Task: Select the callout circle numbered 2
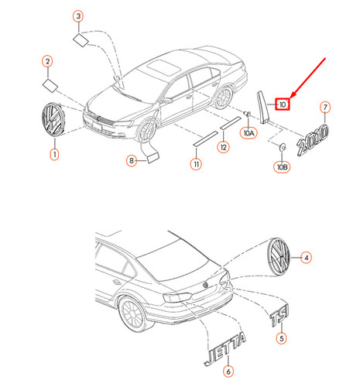click(x=47, y=60)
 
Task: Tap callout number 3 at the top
click(x=78, y=16)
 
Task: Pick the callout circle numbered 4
click(x=306, y=256)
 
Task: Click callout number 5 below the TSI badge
click(x=282, y=337)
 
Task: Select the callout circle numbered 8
click(x=132, y=160)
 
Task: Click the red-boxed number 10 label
click(x=283, y=104)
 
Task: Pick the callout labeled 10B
click(x=283, y=165)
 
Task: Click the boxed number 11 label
click(x=197, y=164)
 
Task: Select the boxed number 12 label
click(x=223, y=147)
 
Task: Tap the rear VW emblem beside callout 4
click(x=276, y=256)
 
